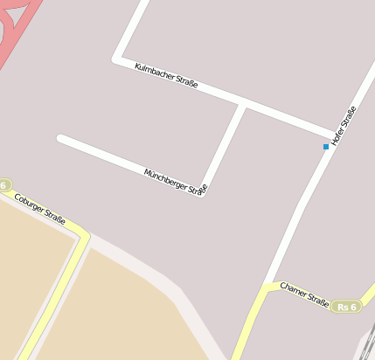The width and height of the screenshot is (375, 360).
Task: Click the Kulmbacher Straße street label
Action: (x=166, y=76)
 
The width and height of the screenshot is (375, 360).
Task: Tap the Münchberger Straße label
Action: (x=176, y=182)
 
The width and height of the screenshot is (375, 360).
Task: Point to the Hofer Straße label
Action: (x=344, y=125)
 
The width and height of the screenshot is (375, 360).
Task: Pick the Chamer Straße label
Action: (x=304, y=294)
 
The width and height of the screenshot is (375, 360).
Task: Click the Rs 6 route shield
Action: (x=346, y=307)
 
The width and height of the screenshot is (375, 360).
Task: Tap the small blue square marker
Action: (x=326, y=147)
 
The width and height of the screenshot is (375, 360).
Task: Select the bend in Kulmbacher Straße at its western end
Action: (x=116, y=59)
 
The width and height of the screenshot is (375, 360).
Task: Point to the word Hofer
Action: (x=338, y=133)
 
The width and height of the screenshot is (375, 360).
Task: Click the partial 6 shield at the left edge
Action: (x=4, y=185)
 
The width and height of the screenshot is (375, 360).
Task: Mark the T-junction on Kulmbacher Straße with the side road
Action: (x=243, y=105)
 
